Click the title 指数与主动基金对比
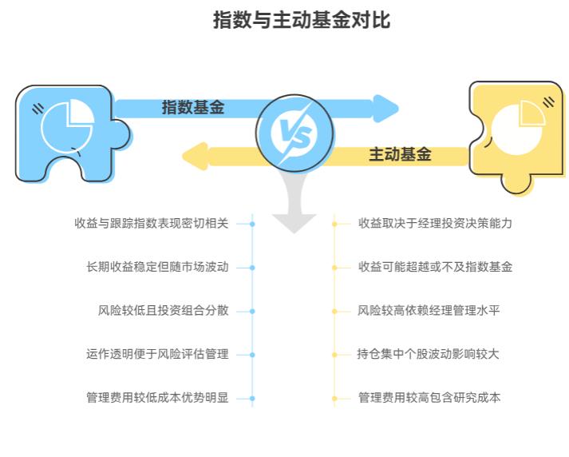(301, 20)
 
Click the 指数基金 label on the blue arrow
(193, 107)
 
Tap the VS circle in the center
(294, 132)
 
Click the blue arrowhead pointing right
(385, 108)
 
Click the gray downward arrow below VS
(294, 209)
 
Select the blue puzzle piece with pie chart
(64, 132)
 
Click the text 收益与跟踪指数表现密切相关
(152, 224)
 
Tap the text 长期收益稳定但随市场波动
(157, 267)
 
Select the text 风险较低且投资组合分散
(163, 310)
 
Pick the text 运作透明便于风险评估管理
(157, 353)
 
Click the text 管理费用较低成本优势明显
(157, 397)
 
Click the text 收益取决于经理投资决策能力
(435, 224)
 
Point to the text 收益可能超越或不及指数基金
(435, 267)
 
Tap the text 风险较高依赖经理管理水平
(429, 310)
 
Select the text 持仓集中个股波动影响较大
(429, 353)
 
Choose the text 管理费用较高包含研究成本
(429, 397)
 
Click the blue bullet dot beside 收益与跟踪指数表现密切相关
(252, 225)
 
